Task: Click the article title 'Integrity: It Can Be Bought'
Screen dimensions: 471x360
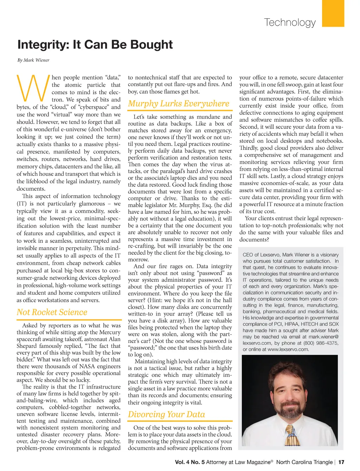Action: point(95,45)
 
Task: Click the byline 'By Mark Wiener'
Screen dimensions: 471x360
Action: point(33,60)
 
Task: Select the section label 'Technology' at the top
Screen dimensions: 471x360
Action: point(290,23)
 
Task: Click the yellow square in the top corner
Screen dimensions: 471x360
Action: point(333,13)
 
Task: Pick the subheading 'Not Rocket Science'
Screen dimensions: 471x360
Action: point(52,312)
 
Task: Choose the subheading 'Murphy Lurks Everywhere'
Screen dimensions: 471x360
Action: point(179,103)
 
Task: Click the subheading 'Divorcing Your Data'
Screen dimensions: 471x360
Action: point(166,414)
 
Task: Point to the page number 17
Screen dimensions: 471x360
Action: point(341,462)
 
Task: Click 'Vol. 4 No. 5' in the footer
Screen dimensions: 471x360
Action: point(189,462)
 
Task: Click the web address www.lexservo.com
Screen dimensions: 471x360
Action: point(288,349)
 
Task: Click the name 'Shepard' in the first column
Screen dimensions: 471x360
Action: point(27,346)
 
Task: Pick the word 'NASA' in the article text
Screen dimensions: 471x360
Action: point(85,366)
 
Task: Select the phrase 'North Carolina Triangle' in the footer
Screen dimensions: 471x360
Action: point(304,462)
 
